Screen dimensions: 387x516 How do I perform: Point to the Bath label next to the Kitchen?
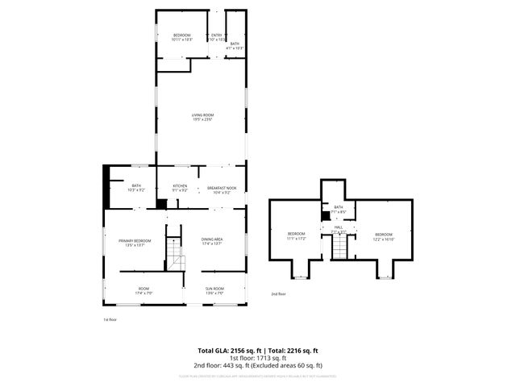pos(135,188)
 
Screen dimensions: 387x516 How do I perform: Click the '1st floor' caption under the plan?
pos(110,320)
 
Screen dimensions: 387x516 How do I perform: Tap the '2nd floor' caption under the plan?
pos(278,294)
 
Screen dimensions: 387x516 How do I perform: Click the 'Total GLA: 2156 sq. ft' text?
pos(227,351)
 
